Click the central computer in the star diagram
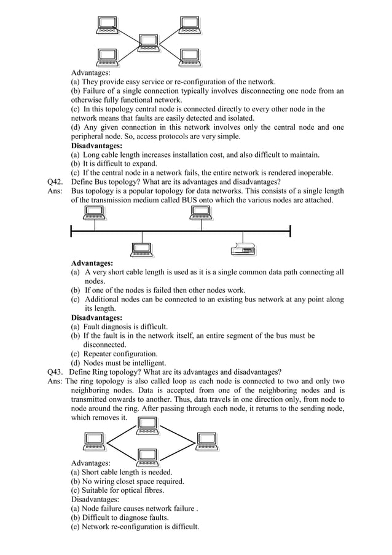(x=149, y=43)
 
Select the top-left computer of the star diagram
(x=108, y=25)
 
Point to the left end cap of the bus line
(x=71, y=231)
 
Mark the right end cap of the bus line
(x=290, y=231)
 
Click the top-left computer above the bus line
(x=95, y=214)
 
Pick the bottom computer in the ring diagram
(x=147, y=456)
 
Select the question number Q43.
(x=56, y=372)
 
